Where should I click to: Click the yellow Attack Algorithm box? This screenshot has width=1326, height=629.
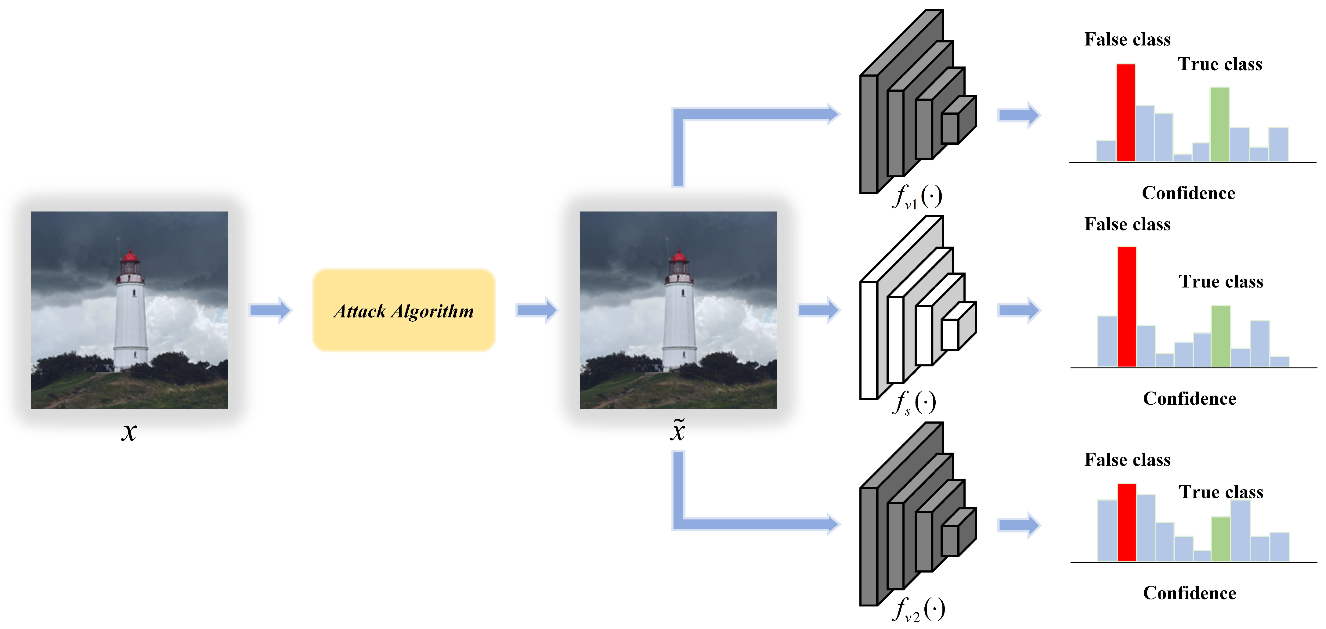[x=403, y=310]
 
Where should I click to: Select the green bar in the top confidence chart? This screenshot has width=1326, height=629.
[x=1219, y=125]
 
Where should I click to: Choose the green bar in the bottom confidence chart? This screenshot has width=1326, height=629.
[x=1220, y=539]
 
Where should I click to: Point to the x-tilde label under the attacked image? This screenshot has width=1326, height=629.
[x=678, y=431]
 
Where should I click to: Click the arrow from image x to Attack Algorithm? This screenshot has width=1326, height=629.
[x=271, y=310]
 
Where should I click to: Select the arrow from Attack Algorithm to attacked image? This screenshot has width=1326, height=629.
[x=537, y=310]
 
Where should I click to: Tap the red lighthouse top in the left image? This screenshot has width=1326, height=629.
[x=130, y=256]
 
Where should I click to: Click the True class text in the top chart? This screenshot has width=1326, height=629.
[x=1220, y=64]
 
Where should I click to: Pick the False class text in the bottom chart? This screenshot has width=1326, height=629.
[x=1127, y=460]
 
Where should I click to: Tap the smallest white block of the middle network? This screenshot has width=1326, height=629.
[x=950, y=334]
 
